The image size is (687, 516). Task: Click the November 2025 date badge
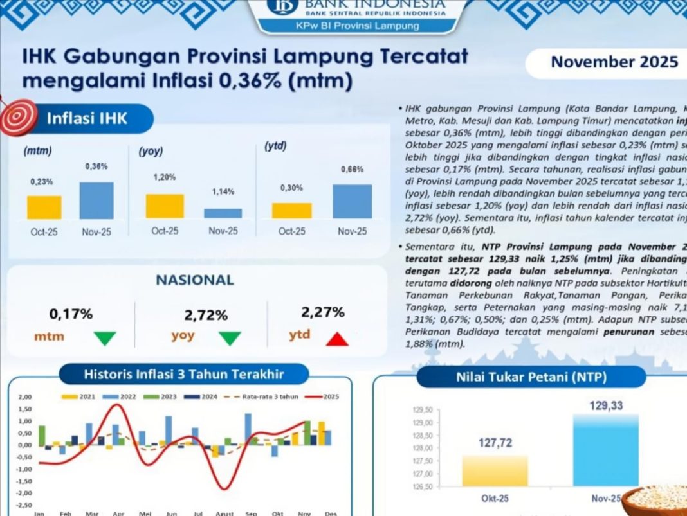click(x=614, y=62)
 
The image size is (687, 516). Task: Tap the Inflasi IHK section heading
click(x=87, y=119)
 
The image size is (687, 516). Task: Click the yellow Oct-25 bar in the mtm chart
click(x=44, y=208)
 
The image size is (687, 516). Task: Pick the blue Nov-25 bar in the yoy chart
click(x=223, y=213)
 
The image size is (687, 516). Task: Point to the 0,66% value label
click(x=351, y=170)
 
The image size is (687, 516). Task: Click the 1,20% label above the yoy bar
click(x=165, y=177)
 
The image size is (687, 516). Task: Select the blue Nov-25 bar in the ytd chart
click(x=352, y=202)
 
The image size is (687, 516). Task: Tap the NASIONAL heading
click(x=195, y=280)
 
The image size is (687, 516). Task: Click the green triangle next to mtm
click(x=105, y=338)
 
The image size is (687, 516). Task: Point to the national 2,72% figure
click(x=206, y=316)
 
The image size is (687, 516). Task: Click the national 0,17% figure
click(x=71, y=314)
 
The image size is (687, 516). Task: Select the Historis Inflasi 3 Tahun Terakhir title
click(x=183, y=374)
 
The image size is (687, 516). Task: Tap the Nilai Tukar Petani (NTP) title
click(x=531, y=377)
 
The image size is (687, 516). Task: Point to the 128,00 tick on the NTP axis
click(x=422, y=448)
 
